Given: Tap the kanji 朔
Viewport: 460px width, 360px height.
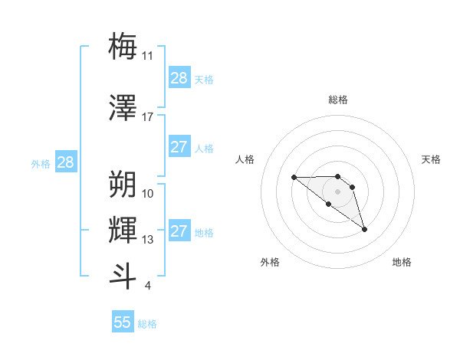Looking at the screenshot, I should pos(123,185).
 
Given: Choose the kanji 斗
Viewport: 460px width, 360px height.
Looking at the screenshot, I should pos(123,277).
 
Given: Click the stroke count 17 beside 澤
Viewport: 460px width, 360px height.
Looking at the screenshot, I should pos(148,117).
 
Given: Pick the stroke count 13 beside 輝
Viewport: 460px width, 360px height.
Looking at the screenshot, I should pos(148,240).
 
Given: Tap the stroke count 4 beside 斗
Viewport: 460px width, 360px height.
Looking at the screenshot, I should pos(147,286).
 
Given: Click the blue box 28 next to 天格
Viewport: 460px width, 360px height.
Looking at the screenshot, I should pos(179,78).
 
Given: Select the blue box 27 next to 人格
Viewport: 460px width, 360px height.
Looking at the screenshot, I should pos(179,147).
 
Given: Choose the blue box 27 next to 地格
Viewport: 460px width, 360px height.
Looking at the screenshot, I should pos(179,231).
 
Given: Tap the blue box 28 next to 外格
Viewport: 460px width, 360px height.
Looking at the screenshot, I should pos(65,162).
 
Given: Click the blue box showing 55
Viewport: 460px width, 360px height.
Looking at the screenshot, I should pos(123,322).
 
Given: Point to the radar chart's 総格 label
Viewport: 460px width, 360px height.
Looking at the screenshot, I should pos(337,100).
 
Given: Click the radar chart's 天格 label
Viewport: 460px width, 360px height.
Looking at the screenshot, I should pos(431,159).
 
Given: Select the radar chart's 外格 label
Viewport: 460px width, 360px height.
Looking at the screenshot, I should pos(270,262).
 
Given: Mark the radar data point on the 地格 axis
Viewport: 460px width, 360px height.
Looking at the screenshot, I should pos(364,229).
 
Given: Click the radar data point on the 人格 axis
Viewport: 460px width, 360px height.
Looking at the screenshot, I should pos(294,178).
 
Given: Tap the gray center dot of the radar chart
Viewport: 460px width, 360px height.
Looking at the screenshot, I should pos(337,191).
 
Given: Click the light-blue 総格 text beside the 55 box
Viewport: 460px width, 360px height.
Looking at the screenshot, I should pos(147,324).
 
